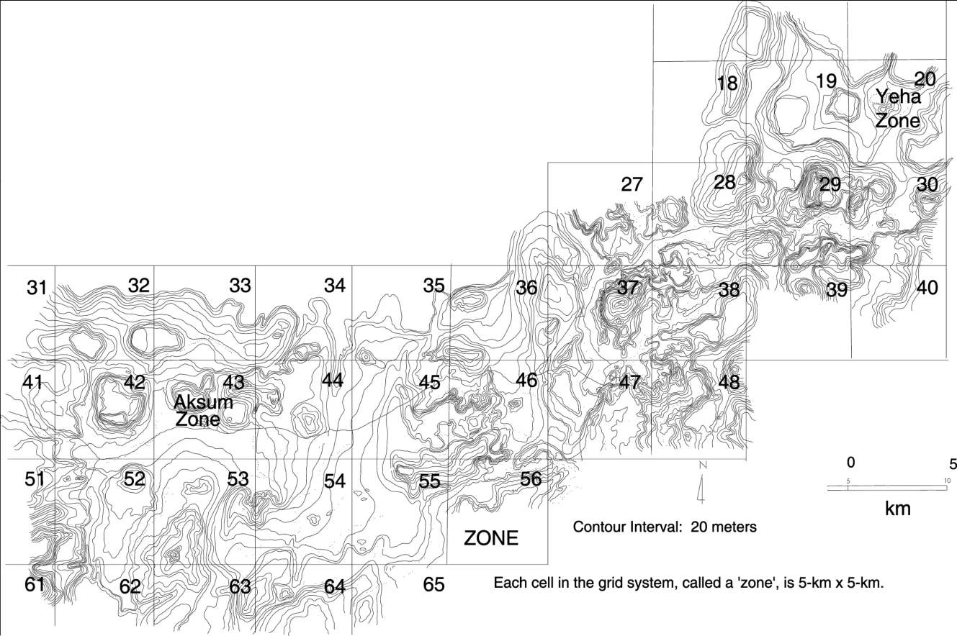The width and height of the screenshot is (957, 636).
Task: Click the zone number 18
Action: (x=727, y=83)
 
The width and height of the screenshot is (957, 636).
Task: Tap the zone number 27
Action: (x=632, y=184)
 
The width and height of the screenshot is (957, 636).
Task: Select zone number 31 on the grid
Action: (x=36, y=288)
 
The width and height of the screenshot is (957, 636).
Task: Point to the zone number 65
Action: (x=433, y=584)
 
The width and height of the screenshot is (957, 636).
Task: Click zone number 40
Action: (x=927, y=288)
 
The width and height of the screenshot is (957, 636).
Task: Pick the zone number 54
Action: (x=335, y=481)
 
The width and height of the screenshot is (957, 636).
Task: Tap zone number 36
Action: (x=526, y=288)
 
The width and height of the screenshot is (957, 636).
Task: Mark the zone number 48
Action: (x=729, y=383)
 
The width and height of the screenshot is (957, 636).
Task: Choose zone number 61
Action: (x=34, y=584)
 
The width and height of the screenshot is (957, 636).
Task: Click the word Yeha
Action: (x=899, y=97)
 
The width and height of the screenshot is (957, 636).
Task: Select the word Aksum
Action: (x=203, y=402)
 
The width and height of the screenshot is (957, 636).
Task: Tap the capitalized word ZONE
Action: (x=491, y=538)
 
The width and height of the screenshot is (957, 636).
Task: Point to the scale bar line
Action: (x=887, y=488)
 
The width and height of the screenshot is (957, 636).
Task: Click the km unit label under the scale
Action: (x=898, y=509)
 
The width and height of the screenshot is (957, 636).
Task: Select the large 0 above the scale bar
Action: (x=850, y=463)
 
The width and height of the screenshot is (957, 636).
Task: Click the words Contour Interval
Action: (x=627, y=527)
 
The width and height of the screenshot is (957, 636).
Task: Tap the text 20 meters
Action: (x=724, y=527)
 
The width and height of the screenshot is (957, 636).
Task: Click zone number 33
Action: (x=240, y=286)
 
